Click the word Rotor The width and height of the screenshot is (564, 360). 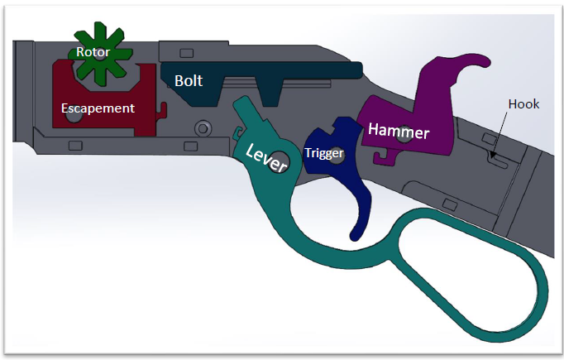tap(93, 51)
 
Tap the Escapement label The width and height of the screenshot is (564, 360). tap(98, 108)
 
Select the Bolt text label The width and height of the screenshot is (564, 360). tap(189, 81)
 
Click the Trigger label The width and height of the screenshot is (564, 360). tap(323, 152)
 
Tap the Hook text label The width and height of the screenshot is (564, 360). tap(523, 103)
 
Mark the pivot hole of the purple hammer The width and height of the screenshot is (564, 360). tap(404, 136)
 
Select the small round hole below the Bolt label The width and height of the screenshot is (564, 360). tap(201, 128)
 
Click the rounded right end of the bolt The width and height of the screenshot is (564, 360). tap(359, 70)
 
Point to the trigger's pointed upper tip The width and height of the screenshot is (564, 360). tap(337, 122)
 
